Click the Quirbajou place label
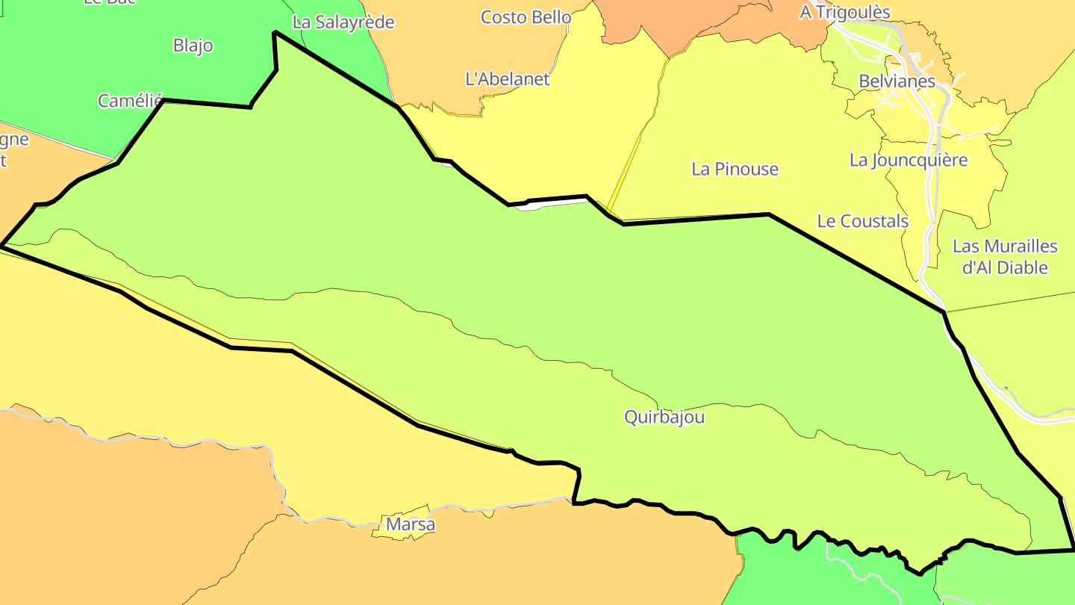(664, 417)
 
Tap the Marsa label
(410, 525)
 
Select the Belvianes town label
(897, 81)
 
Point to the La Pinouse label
(735, 169)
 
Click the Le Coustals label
(862, 221)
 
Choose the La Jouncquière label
(908, 160)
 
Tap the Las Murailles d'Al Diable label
(1005, 257)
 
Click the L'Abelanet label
(507, 78)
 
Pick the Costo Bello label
(526, 17)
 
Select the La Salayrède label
(343, 22)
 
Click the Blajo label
(193, 46)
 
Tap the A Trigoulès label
(845, 13)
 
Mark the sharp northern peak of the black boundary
(275, 32)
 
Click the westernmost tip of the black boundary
(1, 244)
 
